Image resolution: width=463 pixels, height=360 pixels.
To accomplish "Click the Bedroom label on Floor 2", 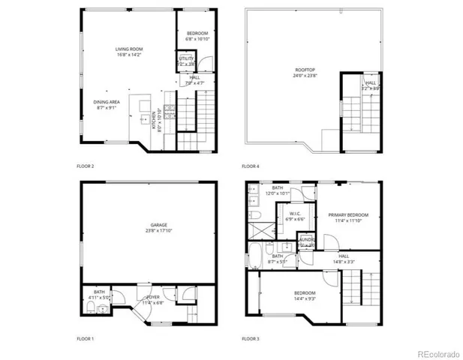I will [x=197, y=34].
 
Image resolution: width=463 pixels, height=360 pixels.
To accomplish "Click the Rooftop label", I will [x=304, y=69].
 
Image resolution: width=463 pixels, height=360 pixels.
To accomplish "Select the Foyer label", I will [x=153, y=298].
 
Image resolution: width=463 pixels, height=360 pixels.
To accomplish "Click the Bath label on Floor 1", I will [x=99, y=292].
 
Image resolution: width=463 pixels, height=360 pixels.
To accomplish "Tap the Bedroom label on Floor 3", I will [x=304, y=292].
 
